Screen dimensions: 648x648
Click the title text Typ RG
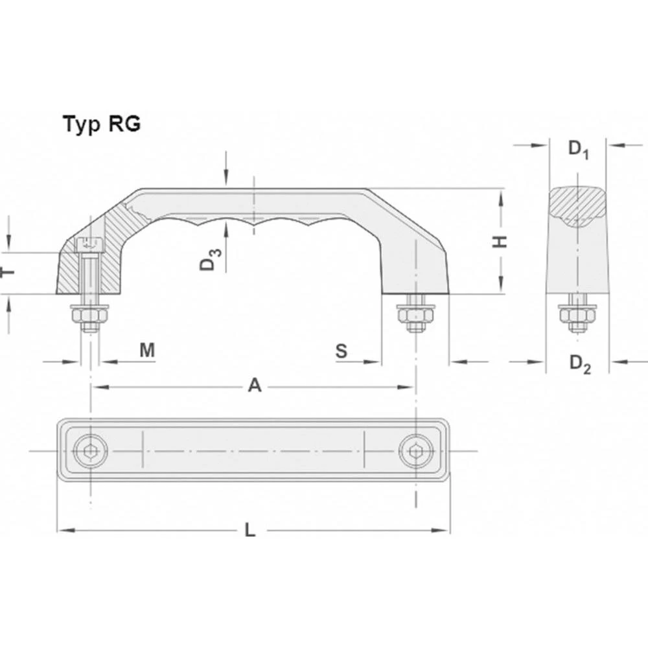pos(101,124)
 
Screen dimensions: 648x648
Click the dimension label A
pos(255,386)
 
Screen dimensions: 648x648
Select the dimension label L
pos(251,530)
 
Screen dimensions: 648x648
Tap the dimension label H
pos(500,242)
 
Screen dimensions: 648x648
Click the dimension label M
pos(148,351)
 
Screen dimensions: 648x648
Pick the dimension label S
pos(341,351)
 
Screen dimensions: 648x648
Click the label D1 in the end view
pos(578,148)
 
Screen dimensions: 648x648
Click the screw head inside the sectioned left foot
pos(89,246)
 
